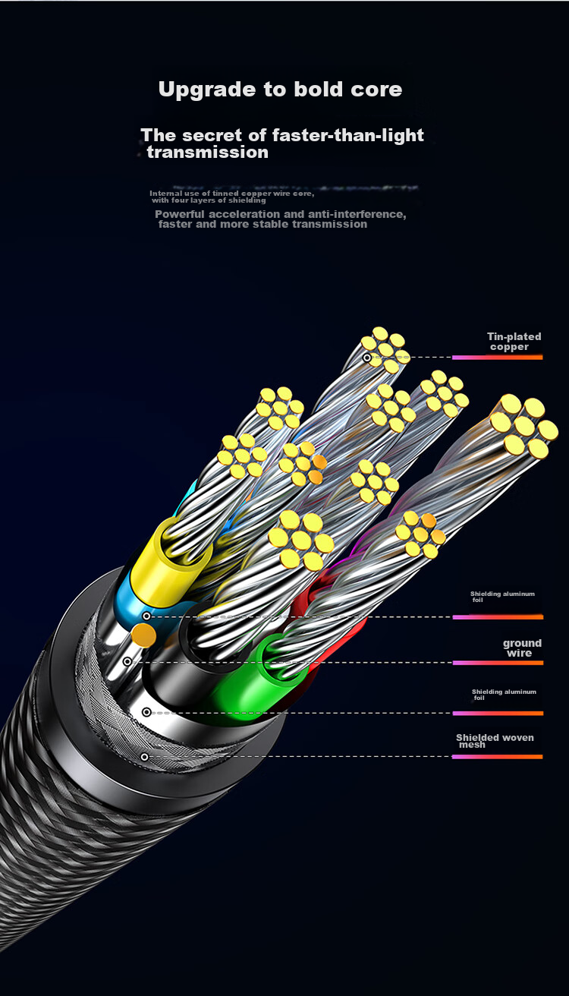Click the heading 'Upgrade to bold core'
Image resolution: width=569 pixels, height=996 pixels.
pos(281,90)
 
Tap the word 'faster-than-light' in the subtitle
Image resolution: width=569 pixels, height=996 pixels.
pos(347,136)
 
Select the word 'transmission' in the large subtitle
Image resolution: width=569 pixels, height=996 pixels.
pos(208,153)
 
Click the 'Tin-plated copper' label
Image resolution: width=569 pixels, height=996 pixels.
pos(514,342)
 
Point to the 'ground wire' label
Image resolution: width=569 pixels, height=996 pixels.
pos(522,648)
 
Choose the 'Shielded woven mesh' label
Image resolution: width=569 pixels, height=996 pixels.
pos(495,741)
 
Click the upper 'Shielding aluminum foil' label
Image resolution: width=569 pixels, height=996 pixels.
pos(502,597)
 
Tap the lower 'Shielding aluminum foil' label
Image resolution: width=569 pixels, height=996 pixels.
pos(504,695)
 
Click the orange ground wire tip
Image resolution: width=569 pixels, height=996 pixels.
pos(144,635)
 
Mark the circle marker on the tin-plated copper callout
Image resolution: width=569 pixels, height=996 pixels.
pos(367,358)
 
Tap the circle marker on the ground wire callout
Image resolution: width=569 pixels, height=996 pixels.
pos(127,662)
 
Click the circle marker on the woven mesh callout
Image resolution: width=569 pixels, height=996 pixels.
pos(144,757)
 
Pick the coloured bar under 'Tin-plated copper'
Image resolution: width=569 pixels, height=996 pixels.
pos(498,357)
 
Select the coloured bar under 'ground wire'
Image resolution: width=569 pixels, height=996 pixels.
pos(498,663)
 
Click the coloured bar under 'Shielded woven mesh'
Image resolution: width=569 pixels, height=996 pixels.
pos(498,757)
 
